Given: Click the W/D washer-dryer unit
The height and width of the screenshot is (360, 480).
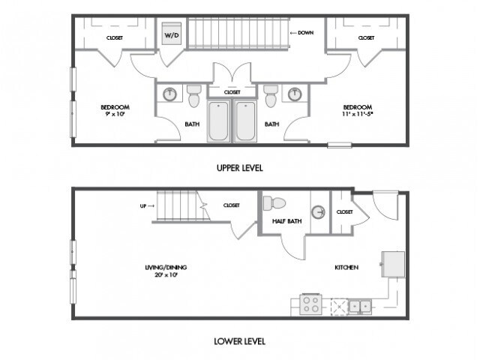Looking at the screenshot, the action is click(x=172, y=33).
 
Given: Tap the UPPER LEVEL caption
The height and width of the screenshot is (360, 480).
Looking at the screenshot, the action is click(x=240, y=168).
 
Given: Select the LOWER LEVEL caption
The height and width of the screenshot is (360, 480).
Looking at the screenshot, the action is click(x=239, y=341).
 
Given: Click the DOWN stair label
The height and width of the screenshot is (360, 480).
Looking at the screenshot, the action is click(x=305, y=33).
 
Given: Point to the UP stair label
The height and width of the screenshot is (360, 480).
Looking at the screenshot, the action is click(x=143, y=206).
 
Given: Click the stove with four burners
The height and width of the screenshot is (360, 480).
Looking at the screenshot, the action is click(x=310, y=304).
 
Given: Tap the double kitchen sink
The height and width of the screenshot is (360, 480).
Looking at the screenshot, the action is click(x=360, y=306).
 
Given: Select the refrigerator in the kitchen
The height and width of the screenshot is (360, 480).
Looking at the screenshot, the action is click(x=393, y=264).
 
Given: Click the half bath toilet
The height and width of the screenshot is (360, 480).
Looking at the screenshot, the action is click(x=274, y=203).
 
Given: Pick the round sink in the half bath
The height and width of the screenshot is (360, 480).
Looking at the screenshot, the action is click(x=318, y=211).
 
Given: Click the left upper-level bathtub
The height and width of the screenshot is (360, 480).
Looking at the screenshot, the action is click(x=218, y=121).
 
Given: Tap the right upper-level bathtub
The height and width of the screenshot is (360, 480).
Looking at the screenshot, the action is click(x=245, y=121).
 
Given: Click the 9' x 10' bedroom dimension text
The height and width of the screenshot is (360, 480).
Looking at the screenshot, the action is click(x=115, y=114).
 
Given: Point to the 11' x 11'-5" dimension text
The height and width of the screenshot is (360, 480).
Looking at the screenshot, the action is click(x=358, y=114).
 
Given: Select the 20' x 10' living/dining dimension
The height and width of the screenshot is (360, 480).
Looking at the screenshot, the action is click(x=166, y=274).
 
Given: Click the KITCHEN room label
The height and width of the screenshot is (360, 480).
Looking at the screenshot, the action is click(x=346, y=267).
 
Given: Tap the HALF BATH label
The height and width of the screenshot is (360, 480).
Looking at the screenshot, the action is click(x=286, y=221).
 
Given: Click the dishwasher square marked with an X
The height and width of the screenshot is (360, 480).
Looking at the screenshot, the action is click(x=340, y=307).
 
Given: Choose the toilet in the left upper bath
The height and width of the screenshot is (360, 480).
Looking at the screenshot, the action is click(x=193, y=96).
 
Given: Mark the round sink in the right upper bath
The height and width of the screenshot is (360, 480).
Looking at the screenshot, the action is click(x=295, y=94).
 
